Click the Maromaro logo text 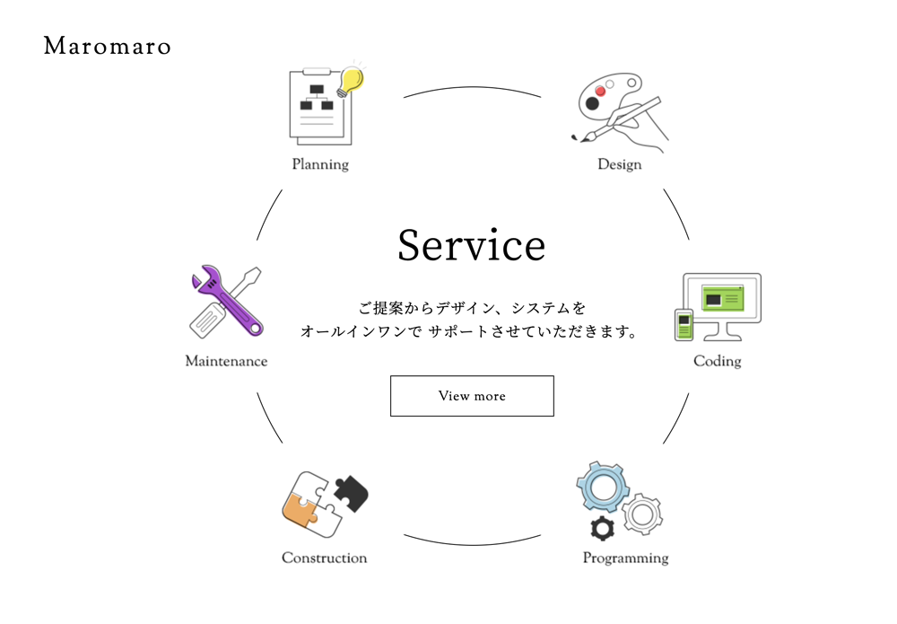pyautogui.click(x=107, y=46)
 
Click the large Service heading pyautogui.click(x=472, y=245)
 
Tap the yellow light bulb pyautogui.click(x=351, y=81)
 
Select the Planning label pyautogui.click(x=320, y=164)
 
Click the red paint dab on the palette pyautogui.click(x=600, y=91)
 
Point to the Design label pyautogui.click(x=620, y=164)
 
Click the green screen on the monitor pyautogui.click(x=722, y=298)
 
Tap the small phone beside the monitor pyautogui.click(x=684, y=325)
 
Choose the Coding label pyautogui.click(x=718, y=361)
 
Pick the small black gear pyautogui.click(x=602, y=529)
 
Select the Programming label pyautogui.click(x=625, y=558)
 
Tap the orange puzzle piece pyautogui.click(x=300, y=511)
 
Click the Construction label pyautogui.click(x=325, y=558)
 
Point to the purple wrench pyautogui.click(x=228, y=300)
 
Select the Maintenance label pyautogui.click(x=227, y=361)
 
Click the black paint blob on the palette pyautogui.click(x=592, y=103)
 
